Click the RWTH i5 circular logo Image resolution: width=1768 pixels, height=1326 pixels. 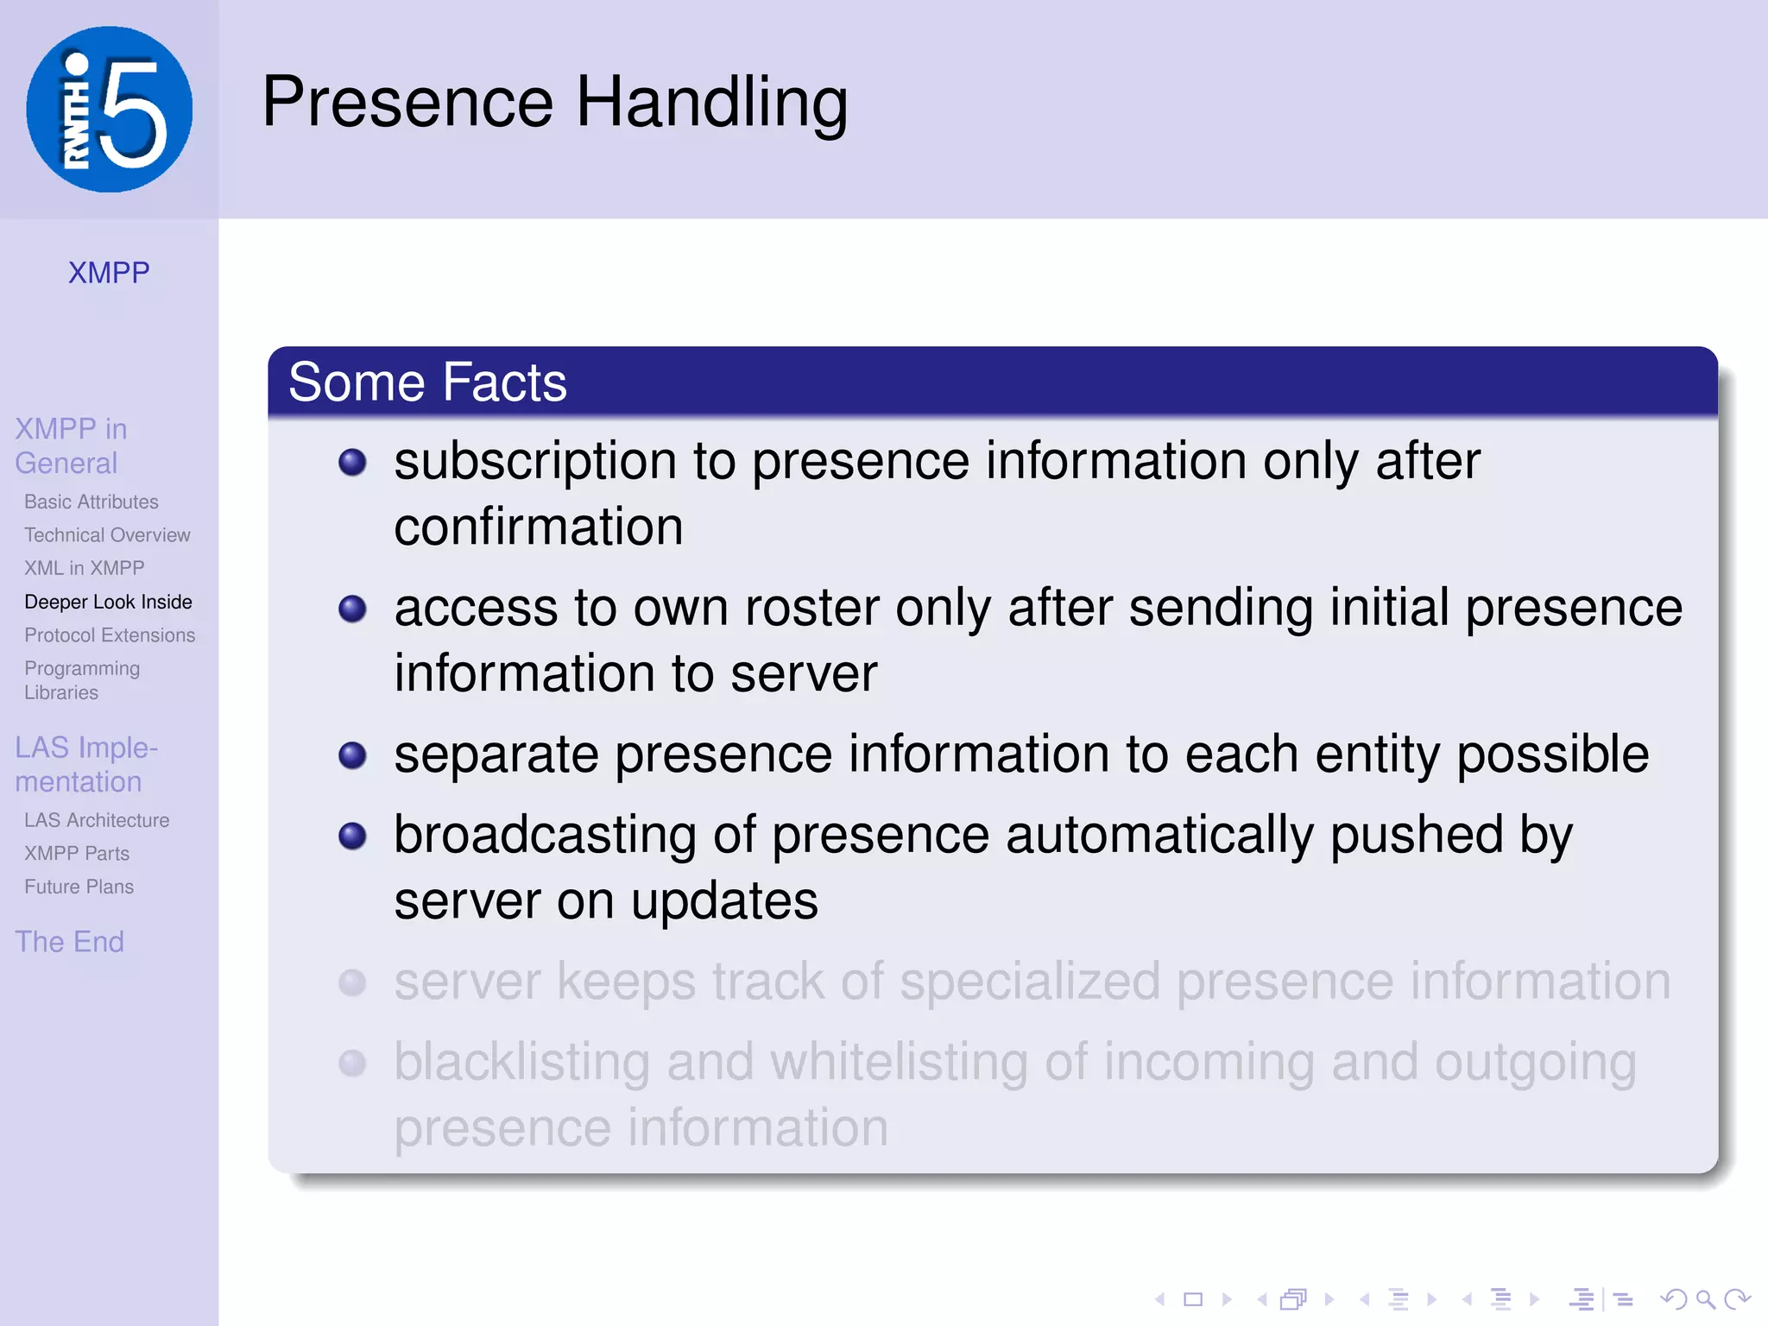tap(110, 110)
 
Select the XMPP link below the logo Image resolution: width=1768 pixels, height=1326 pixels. tap(109, 273)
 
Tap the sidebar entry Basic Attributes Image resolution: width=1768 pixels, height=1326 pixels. tap(92, 502)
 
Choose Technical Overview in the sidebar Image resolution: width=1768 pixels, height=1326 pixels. tap(107, 535)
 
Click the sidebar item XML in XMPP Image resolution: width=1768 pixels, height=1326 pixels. tap(84, 568)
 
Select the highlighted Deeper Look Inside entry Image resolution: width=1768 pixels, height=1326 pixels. tap(108, 602)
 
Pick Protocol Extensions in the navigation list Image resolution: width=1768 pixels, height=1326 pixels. tap(110, 635)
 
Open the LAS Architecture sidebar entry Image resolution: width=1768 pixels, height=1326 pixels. tap(97, 820)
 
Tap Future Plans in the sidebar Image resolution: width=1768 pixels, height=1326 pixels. tap(79, 887)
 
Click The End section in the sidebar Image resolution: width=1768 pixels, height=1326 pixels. tap(69, 941)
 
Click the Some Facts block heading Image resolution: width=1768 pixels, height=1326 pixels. tap(427, 382)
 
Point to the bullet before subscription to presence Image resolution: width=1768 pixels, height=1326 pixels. tap(352, 462)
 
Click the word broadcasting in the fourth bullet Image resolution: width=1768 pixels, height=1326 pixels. tap(545, 835)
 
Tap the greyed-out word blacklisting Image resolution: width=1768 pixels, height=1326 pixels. tap(521, 1062)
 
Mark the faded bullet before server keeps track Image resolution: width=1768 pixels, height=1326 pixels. tap(352, 982)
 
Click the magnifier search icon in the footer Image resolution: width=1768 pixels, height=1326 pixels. tap(1705, 1298)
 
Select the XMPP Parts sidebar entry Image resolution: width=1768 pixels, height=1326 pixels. tap(77, 853)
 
